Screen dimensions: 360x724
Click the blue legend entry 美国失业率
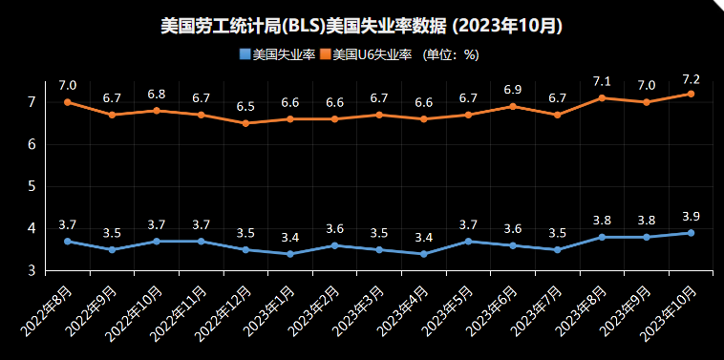pos(278,54)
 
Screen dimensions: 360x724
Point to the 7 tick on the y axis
pos(32,102)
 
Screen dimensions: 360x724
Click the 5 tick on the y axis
pos(32,186)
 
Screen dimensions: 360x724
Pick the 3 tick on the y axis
pos(32,271)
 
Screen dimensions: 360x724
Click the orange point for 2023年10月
pos(691,94)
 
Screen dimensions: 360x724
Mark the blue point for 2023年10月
pos(691,233)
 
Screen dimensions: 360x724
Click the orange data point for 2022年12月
pos(245,123)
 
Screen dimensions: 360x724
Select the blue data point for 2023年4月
pos(424,254)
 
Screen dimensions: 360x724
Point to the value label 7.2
pos(691,78)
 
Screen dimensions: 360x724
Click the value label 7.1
pos(602,82)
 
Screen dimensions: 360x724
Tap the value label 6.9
pos(513,91)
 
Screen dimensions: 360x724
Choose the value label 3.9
pos(691,217)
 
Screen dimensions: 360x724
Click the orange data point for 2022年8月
pos(68,102)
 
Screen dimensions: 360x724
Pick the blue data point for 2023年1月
pos(290,254)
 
